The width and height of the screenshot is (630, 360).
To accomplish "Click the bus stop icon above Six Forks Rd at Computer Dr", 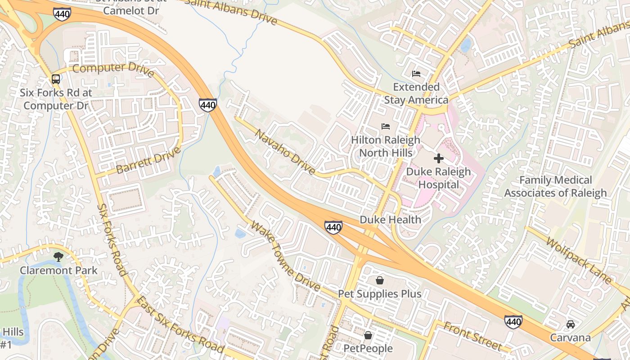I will pyautogui.click(x=56, y=79).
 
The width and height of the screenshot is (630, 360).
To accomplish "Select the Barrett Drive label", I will pyautogui.click(x=148, y=160).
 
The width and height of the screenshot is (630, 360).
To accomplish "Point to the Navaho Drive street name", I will pyautogui.click(x=285, y=152).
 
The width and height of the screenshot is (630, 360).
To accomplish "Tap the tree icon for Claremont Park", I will pyautogui.click(x=58, y=257).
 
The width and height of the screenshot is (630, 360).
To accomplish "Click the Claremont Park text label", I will pyautogui.click(x=58, y=270).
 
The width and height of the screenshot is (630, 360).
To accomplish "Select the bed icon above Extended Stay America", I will pyautogui.click(x=416, y=73).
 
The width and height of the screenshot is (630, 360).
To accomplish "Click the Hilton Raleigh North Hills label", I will pyautogui.click(x=386, y=146).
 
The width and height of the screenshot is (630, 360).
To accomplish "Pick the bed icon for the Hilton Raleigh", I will pyautogui.click(x=386, y=126).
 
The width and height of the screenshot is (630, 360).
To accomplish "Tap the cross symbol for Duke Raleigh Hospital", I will pyautogui.click(x=439, y=158).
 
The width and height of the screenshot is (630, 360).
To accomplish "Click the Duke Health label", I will pyautogui.click(x=391, y=220).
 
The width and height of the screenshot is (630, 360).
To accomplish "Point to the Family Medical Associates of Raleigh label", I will pyautogui.click(x=555, y=187).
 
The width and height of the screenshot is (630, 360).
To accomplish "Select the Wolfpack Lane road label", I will pyautogui.click(x=580, y=261).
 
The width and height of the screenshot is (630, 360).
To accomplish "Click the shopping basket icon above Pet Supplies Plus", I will pyautogui.click(x=380, y=281).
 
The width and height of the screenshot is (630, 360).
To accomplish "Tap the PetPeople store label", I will pyautogui.click(x=368, y=348).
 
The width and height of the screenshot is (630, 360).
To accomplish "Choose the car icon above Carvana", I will pyautogui.click(x=571, y=324).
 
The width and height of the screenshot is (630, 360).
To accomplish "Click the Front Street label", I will pyautogui.click(x=472, y=336).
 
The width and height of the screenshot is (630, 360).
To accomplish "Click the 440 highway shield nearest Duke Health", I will pyautogui.click(x=333, y=228).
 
